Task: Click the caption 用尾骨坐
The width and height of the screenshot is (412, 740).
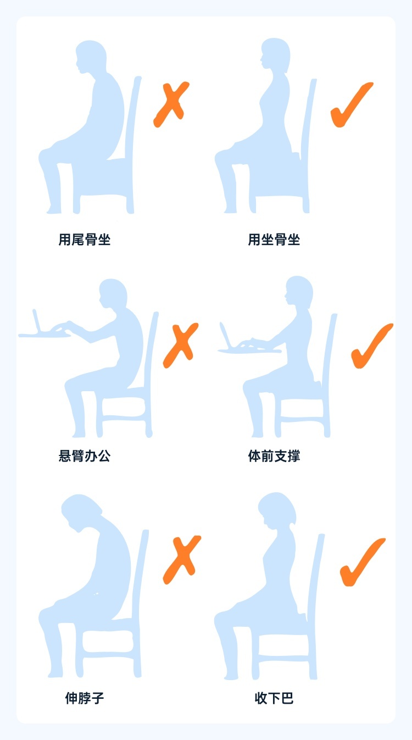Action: click(x=85, y=240)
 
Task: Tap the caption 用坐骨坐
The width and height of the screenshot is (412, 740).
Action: click(x=274, y=240)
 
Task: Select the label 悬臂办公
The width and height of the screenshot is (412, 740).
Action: click(x=85, y=456)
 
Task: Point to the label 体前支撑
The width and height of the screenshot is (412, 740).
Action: click(x=274, y=456)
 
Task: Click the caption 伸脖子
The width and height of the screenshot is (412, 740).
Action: click(x=85, y=698)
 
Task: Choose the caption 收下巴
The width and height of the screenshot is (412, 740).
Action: click(x=274, y=698)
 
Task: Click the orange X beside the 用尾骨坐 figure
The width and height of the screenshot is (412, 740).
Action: click(x=171, y=104)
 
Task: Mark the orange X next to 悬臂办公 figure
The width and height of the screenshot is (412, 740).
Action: click(x=180, y=346)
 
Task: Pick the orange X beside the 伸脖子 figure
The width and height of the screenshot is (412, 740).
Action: click(x=182, y=560)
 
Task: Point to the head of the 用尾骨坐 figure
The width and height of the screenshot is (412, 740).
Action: click(x=91, y=56)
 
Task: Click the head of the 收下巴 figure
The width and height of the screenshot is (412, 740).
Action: click(x=277, y=510)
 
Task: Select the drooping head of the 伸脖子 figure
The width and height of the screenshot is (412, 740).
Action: click(x=81, y=513)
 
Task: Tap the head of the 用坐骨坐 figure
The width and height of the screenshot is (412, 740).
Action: click(x=275, y=54)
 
